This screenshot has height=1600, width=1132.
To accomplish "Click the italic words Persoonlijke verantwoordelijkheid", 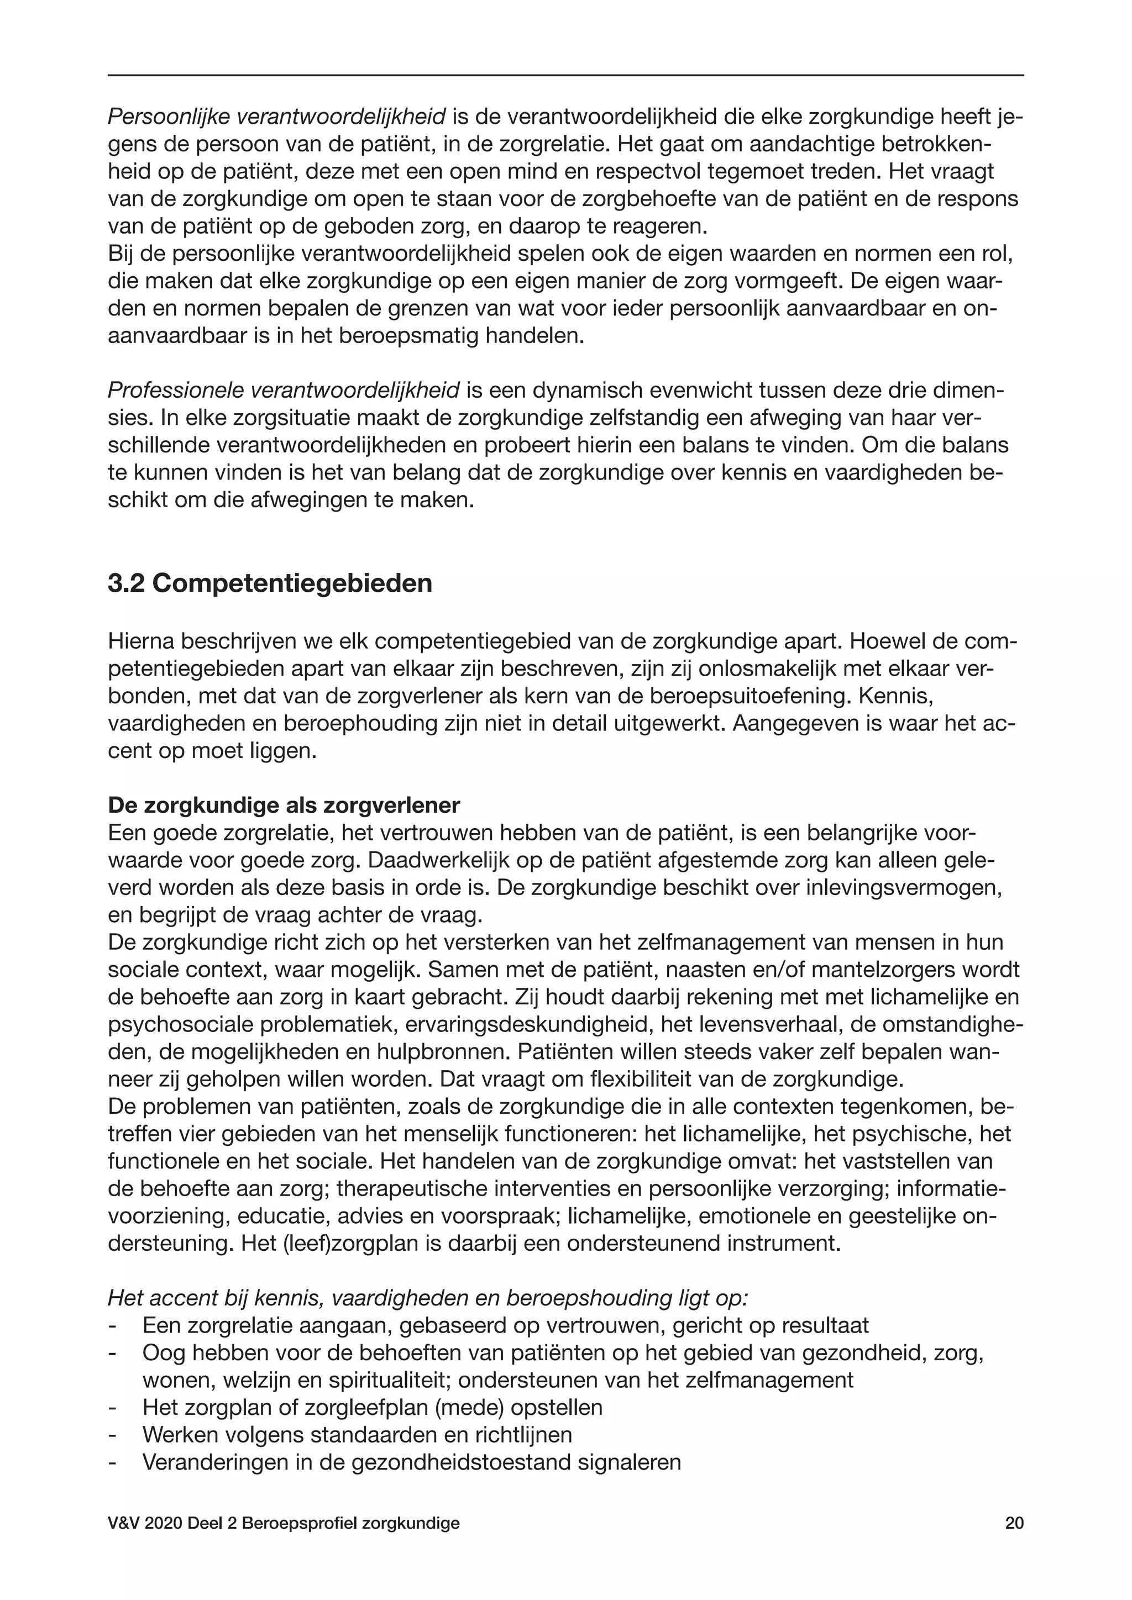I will pos(277,117).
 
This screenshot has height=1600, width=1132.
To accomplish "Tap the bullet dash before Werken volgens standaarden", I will pos(112,1435).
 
